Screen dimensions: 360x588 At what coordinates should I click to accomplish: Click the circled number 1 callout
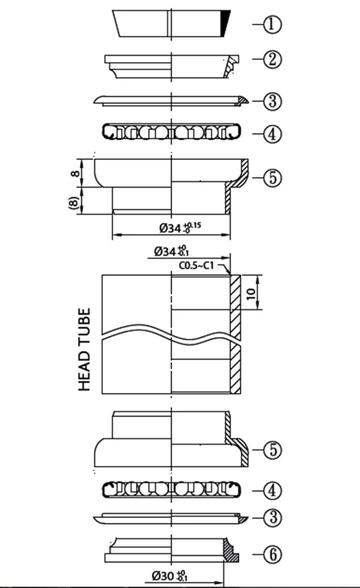pos(272,25)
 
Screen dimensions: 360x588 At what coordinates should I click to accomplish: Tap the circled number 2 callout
pos(272,59)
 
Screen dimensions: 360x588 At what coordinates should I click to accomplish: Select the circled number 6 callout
pos(272,554)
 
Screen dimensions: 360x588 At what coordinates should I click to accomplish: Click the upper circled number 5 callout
pos(272,178)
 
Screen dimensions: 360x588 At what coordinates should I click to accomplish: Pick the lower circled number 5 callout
pos(272,450)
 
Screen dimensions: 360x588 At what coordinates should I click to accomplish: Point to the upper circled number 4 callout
pos(272,134)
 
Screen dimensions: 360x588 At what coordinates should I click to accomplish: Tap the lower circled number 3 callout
pos(272,517)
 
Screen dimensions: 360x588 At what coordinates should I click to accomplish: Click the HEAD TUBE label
pos(84,349)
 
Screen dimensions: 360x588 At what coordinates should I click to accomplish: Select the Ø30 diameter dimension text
pos(170,575)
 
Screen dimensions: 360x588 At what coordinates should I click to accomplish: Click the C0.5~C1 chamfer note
pos(196,266)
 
